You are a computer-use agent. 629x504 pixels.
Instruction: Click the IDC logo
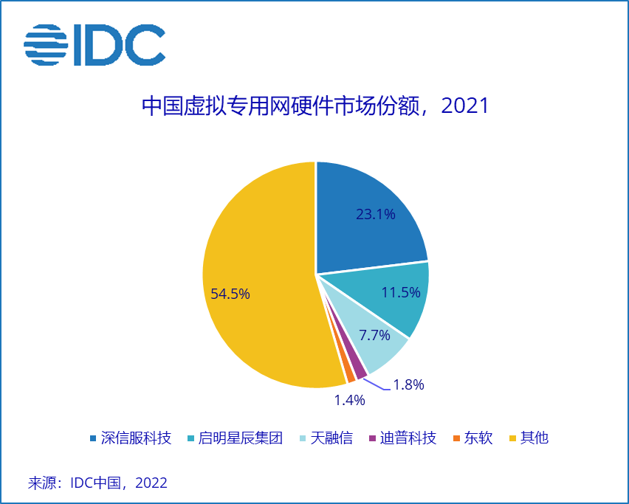94,45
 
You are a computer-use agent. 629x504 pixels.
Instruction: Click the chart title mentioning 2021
315,106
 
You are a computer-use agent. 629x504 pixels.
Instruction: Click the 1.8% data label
408,384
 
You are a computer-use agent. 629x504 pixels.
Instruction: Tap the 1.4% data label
349,401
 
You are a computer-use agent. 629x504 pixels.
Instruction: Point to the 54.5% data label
230,294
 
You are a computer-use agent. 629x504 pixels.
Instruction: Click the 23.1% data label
376,215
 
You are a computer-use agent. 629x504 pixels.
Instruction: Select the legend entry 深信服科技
131,438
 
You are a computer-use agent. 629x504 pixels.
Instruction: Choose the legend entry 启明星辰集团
234,438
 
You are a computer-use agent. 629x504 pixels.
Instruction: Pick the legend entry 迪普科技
402,438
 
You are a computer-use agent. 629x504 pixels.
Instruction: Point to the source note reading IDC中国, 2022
97,483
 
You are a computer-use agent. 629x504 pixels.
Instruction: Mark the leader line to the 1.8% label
377,385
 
